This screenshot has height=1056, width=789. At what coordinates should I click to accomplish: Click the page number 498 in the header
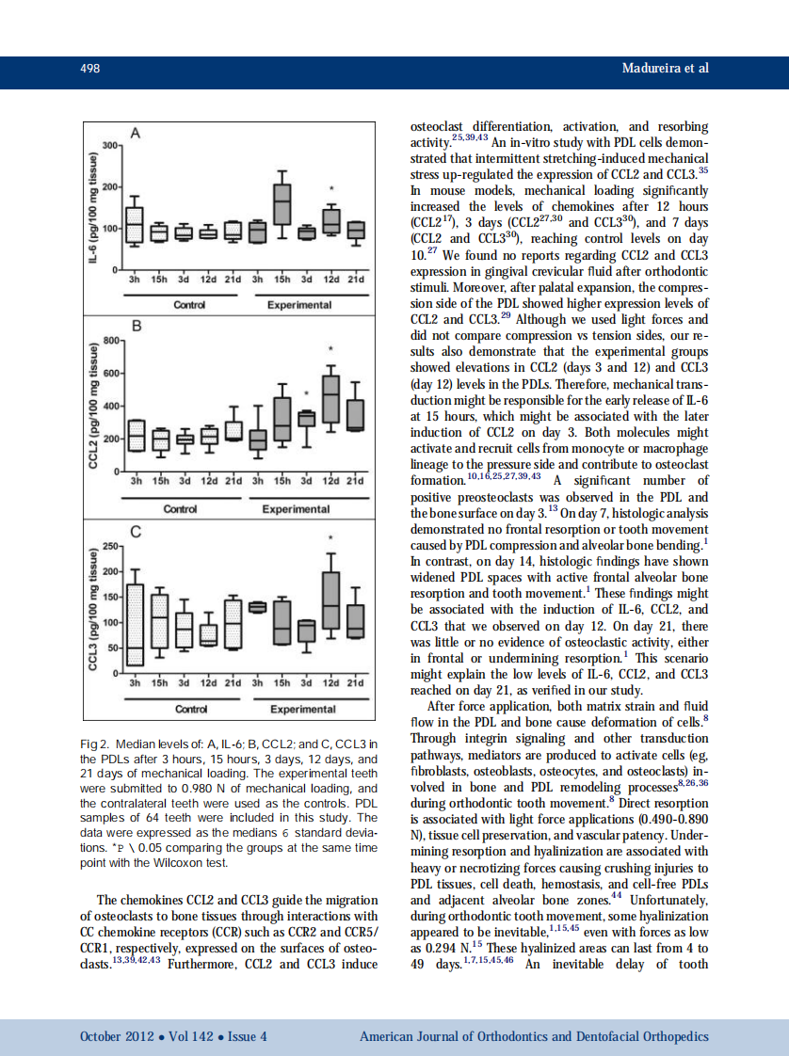pos(89,69)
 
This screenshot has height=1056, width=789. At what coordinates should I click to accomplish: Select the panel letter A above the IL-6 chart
pos(135,134)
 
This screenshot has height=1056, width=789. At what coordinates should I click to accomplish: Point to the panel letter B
pos(135,327)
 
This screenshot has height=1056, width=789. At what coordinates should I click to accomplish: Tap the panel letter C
pos(135,532)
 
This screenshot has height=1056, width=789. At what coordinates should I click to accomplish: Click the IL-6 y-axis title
pos(94,203)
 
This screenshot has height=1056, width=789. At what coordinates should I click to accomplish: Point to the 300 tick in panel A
pos(109,146)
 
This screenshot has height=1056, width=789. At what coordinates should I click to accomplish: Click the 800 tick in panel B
pos(109,340)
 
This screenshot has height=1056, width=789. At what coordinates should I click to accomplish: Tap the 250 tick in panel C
pos(109,546)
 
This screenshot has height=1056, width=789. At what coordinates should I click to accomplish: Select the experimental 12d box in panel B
pos(330,399)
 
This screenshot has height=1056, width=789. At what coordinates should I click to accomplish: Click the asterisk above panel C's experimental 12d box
pos(330,538)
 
